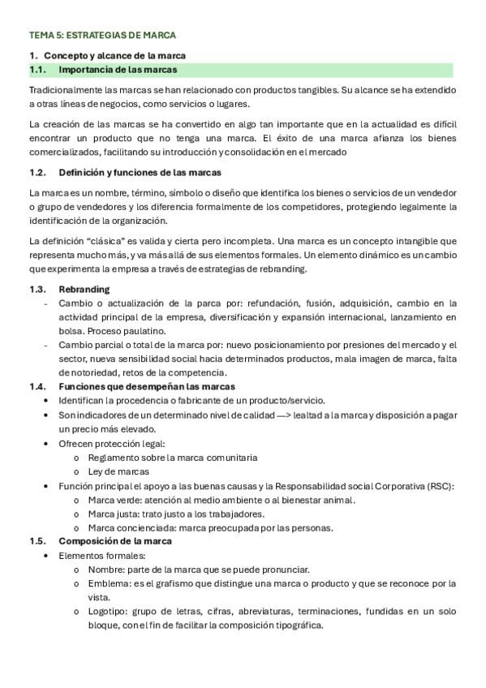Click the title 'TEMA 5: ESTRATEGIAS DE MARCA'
pos(102,36)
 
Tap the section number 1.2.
pos(37,173)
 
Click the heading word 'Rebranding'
pos(84,290)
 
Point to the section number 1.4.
pos(37,386)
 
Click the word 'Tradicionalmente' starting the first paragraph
pos(64,89)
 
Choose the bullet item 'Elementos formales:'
pos(101,556)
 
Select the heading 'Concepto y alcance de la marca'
pos(114,55)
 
